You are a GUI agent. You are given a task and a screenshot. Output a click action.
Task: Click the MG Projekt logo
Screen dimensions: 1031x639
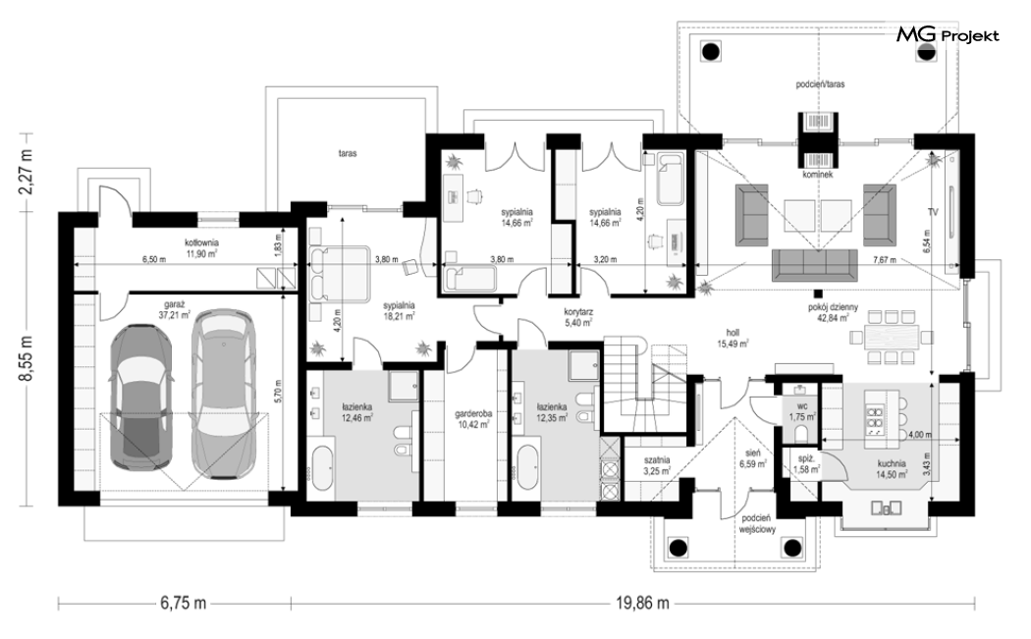point(948,34)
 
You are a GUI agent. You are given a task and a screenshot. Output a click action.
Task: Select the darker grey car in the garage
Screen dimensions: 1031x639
point(141,399)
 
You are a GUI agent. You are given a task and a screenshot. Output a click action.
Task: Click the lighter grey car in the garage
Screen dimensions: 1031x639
point(223,394)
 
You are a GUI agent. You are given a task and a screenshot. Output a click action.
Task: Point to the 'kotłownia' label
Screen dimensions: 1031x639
point(202,242)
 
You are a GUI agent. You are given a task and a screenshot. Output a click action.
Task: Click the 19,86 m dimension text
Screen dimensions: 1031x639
point(643,602)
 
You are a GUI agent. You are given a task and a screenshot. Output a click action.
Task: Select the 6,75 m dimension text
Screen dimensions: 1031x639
point(183,602)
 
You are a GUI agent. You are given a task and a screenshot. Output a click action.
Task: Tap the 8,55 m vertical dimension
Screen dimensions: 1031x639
point(27,361)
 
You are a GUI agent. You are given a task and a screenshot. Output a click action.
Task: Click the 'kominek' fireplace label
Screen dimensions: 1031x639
point(817,175)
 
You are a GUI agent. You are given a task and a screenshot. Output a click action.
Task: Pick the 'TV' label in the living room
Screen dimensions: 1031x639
point(933,212)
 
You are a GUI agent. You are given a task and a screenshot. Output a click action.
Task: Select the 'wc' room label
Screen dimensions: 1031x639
point(802,406)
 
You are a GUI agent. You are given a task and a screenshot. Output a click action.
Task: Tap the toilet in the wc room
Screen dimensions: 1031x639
point(801,433)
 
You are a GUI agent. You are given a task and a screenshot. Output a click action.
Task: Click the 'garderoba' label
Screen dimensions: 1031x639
point(472,415)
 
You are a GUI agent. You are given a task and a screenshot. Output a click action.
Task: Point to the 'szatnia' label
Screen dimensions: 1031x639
point(656,460)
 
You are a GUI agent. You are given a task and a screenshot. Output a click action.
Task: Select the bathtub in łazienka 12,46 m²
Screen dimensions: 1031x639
point(321,467)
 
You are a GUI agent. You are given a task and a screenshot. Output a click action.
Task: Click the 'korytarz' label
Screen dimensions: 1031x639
point(578,313)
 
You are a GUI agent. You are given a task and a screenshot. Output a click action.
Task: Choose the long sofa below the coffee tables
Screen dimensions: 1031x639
point(815,264)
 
